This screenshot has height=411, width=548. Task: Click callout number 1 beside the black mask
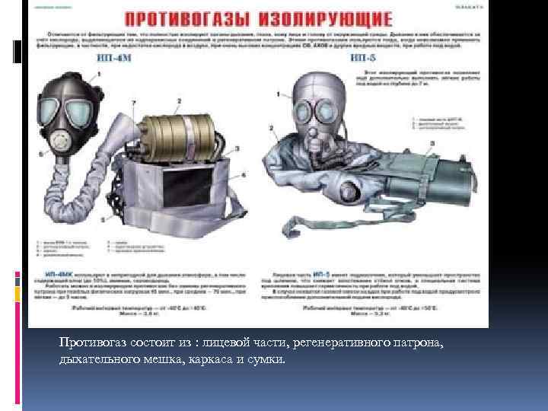pos(100,74)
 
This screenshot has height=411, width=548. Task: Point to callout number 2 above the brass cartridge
pos(178,101)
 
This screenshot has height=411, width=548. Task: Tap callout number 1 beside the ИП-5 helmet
pos(279,93)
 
